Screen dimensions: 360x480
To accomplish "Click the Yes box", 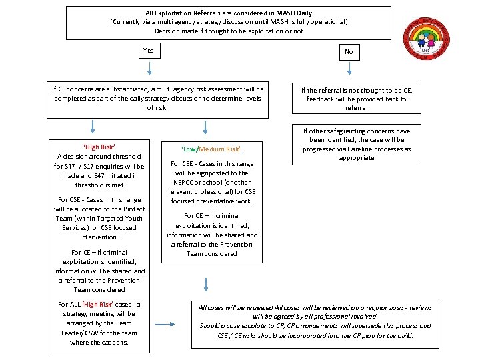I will (x=148, y=50).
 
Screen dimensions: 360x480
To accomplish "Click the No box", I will (x=349, y=51).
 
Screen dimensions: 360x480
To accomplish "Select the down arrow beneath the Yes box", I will (x=149, y=68).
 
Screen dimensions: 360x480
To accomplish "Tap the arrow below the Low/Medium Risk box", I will (x=205, y=284).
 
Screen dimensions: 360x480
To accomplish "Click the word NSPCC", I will (x=185, y=182).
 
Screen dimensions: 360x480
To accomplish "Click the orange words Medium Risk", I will (x=219, y=149).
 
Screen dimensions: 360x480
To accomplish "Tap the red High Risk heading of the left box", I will (x=99, y=147).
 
